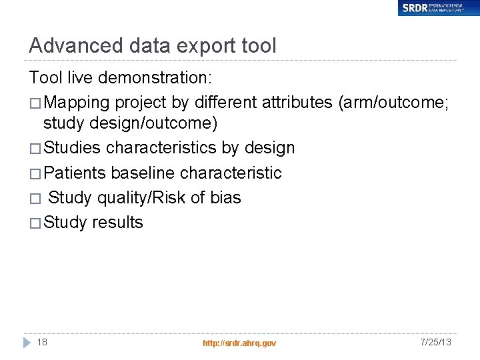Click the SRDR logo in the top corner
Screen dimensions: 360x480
tap(438, 8)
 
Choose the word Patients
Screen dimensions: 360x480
tap(75, 173)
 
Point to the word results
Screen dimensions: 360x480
tap(117, 223)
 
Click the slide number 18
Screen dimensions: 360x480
tap(42, 342)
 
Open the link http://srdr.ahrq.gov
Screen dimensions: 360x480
tap(239, 343)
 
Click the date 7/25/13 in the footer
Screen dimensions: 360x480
tap(435, 342)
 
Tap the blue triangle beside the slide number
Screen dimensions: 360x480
tap(27, 342)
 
